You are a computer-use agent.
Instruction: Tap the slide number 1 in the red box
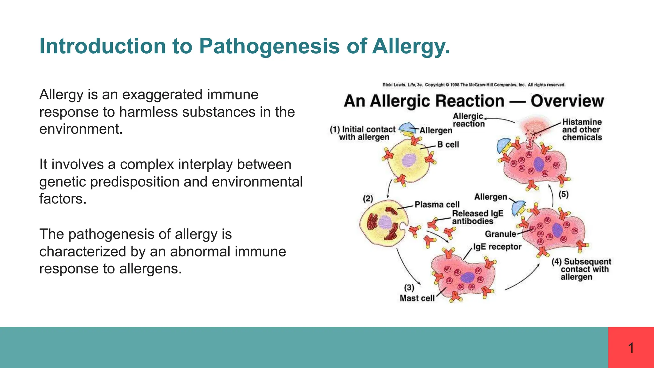pos(631,348)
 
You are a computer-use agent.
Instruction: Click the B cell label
pos(448,145)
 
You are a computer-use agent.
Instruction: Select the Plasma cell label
pos(437,204)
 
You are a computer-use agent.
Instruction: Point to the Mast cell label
pos(417,298)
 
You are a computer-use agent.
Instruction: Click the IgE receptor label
pos(497,247)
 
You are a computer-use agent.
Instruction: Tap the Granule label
pos(500,234)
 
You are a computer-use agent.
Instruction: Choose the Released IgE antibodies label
pos(477,217)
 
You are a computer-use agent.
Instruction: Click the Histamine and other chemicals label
pos(582,130)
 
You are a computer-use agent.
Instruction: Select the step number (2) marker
pos(368,199)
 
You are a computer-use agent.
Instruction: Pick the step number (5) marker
pos(563,194)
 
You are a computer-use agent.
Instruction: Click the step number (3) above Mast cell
pos(409,288)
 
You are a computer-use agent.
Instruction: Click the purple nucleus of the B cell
pos(408,160)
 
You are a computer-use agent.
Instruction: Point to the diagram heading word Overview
pos(567,101)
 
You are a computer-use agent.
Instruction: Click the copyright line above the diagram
pos(474,85)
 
